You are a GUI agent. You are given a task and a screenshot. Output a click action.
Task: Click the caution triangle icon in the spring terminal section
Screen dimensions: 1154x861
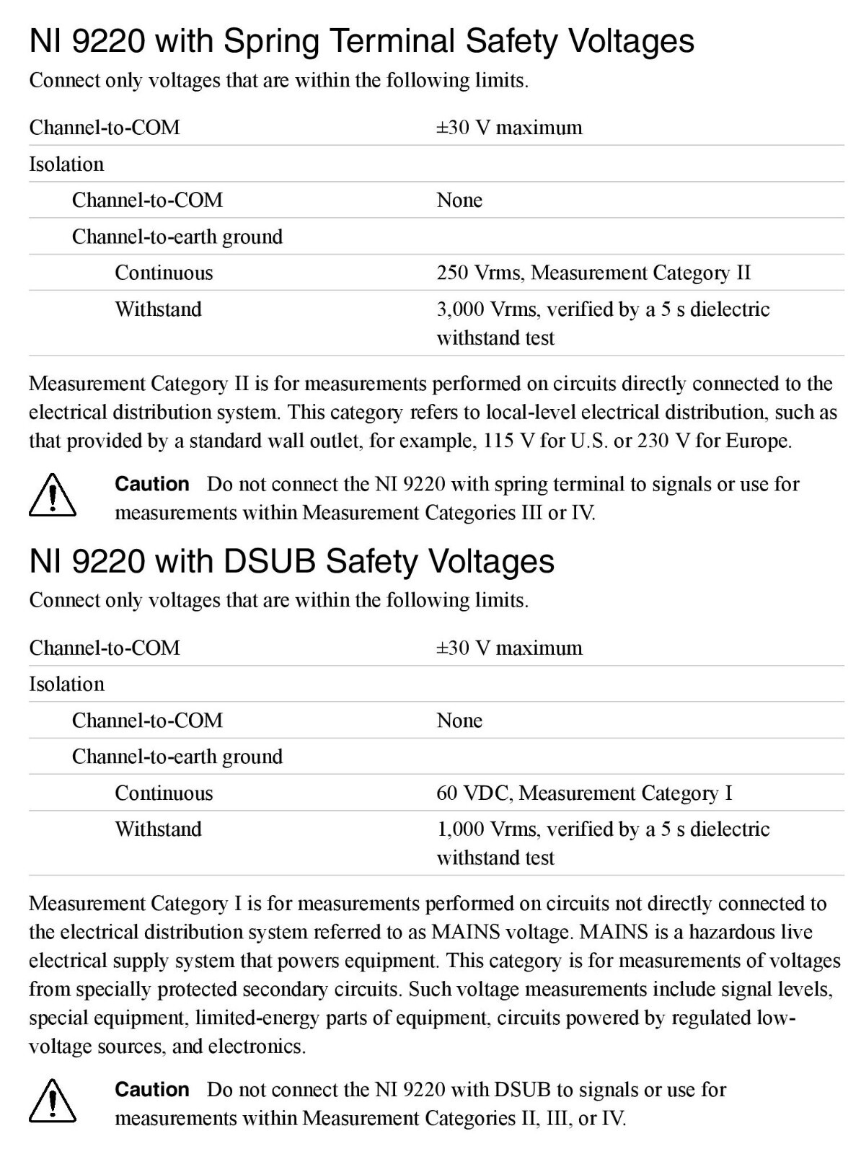[53, 496]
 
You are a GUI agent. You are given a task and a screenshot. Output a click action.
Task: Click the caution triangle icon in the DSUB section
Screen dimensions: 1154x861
[53, 1101]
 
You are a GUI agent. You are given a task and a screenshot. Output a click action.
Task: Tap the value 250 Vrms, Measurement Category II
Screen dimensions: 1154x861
[593, 273]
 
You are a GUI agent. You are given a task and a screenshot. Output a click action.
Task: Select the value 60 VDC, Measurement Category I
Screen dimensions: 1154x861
[584, 793]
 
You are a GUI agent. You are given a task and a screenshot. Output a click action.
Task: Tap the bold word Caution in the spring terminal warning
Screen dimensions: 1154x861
[152, 484]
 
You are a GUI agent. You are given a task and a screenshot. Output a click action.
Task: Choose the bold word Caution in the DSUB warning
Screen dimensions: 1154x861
[152, 1089]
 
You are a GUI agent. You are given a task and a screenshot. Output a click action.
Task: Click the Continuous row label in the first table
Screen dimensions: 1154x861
[164, 273]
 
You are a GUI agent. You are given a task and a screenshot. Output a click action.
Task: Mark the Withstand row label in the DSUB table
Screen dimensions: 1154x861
[158, 829]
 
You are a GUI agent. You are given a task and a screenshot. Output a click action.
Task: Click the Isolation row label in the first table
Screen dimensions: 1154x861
[66, 164]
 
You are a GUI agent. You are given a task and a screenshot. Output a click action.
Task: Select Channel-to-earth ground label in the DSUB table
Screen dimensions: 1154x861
[177, 757]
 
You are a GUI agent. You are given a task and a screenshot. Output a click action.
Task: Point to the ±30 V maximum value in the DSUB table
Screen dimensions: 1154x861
[509, 648]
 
